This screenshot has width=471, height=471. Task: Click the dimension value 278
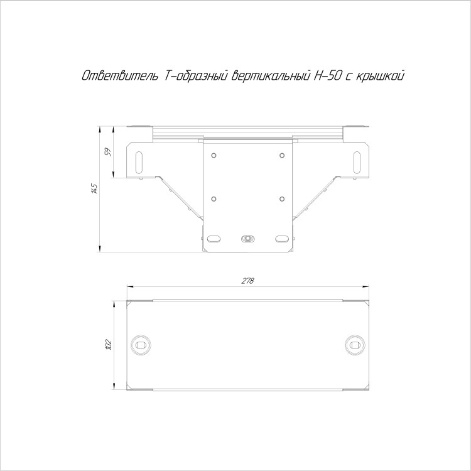click(x=248, y=281)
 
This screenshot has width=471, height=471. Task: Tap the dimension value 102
click(x=109, y=345)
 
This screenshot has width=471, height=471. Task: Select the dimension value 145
click(x=95, y=188)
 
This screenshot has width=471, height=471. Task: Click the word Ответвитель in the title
click(x=120, y=76)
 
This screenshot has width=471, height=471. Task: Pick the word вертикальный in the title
click(x=271, y=76)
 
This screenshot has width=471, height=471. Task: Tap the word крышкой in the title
click(x=379, y=76)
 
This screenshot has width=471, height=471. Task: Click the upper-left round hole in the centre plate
click(x=214, y=155)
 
